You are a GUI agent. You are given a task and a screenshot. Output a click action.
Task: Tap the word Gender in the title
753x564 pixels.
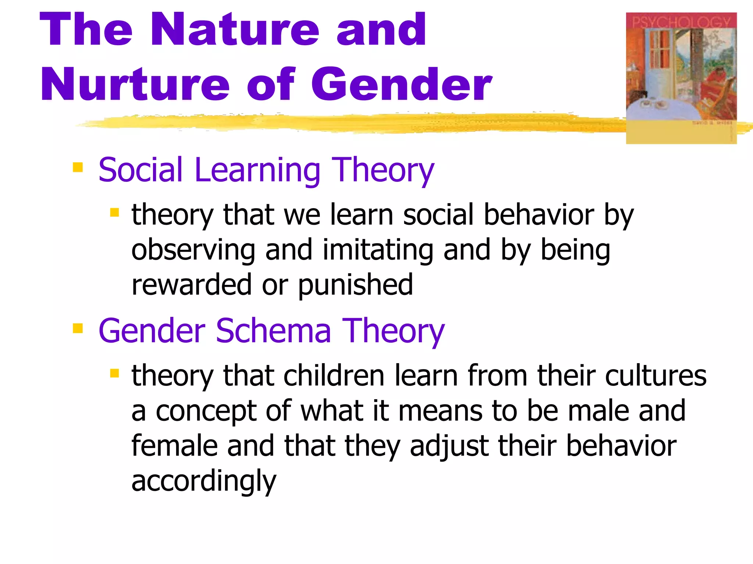[x=402, y=84]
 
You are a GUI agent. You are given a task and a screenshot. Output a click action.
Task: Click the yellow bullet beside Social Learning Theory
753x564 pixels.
[x=78, y=167]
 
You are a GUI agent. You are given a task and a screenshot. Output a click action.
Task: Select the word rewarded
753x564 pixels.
[x=191, y=285]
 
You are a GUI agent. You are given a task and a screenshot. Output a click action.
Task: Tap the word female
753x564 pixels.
[x=174, y=446]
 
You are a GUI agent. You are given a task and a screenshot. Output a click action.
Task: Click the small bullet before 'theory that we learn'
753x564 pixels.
[x=114, y=212]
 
